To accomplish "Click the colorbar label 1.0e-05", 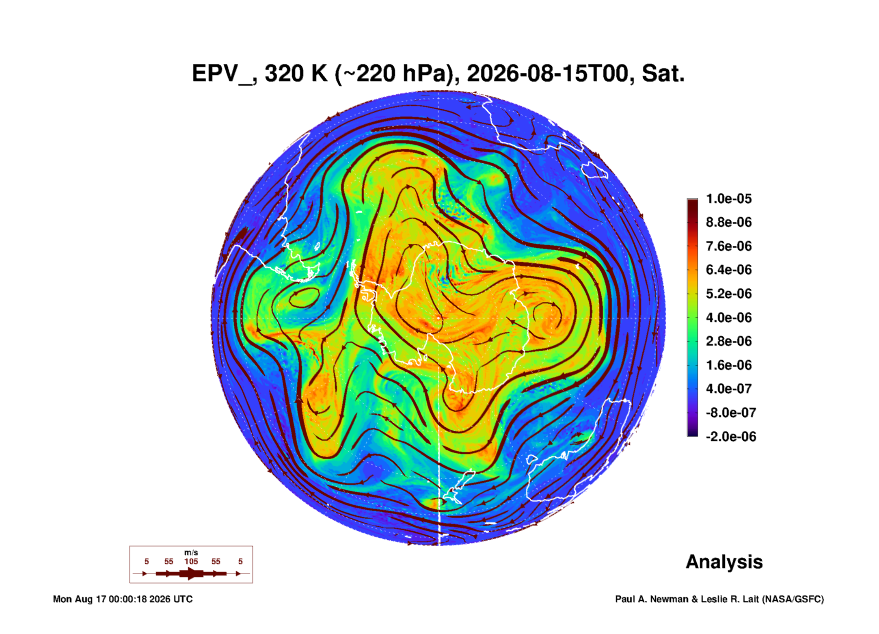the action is click(729, 199).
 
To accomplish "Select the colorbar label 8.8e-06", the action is click(729, 223).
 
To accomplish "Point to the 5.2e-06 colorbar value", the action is click(729, 294).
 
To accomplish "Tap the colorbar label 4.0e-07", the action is click(729, 389).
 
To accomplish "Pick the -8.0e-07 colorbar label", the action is click(731, 413).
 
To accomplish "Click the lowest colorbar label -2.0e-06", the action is click(731, 437).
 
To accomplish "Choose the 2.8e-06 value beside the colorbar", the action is click(729, 341).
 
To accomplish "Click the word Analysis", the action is click(724, 562).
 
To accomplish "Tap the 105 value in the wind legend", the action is click(191, 561).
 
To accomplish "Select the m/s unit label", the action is click(191, 553).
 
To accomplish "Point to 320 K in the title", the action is click(296, 74).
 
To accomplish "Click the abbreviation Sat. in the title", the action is click(663, 74).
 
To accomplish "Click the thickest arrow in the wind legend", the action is click(191, 573).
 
